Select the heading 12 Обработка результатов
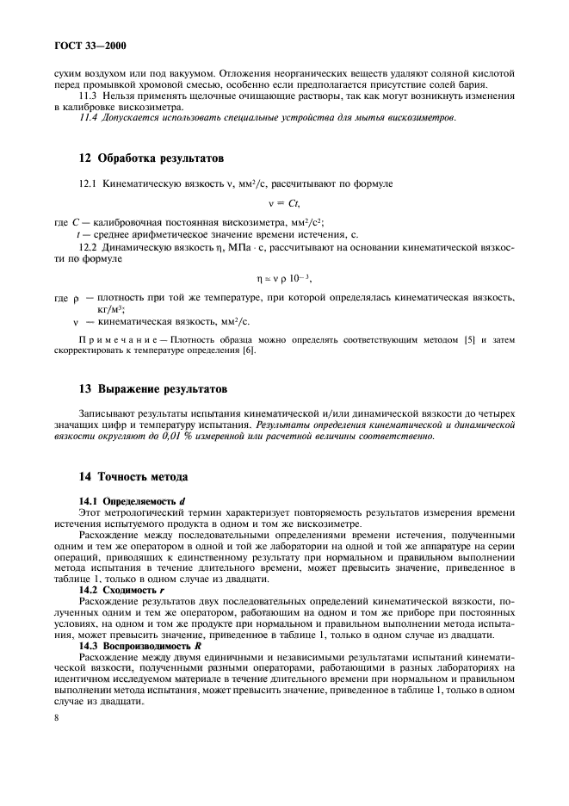[x=139, y=159]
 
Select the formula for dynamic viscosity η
[x=283, y=278]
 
